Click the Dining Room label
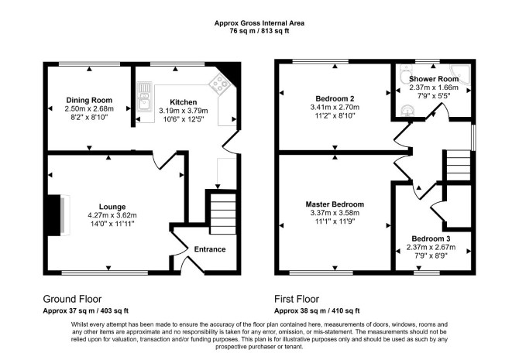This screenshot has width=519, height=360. tap(89, 100)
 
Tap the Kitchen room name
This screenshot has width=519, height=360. tap(183, 102)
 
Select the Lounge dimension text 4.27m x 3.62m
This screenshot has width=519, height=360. tap(112, 215)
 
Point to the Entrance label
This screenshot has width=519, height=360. tap(210, 249)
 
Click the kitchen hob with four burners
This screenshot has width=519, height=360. tap(219, 82)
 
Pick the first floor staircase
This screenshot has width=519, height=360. tap(458, 166)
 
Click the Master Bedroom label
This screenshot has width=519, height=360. tap(335, 204)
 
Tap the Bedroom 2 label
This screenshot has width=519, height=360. tap(335, 98)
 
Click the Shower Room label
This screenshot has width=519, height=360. tap(434, 79)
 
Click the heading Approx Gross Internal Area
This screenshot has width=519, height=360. tap(259, 23)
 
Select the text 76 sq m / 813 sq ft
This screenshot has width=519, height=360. tap(259, 32)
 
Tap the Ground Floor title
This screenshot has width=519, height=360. tap(72, 299)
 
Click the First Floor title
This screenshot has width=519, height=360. tap(297, 299)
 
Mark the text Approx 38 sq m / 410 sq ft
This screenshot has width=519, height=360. tap(317, 311)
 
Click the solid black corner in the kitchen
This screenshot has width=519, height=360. tap(231, 70)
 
